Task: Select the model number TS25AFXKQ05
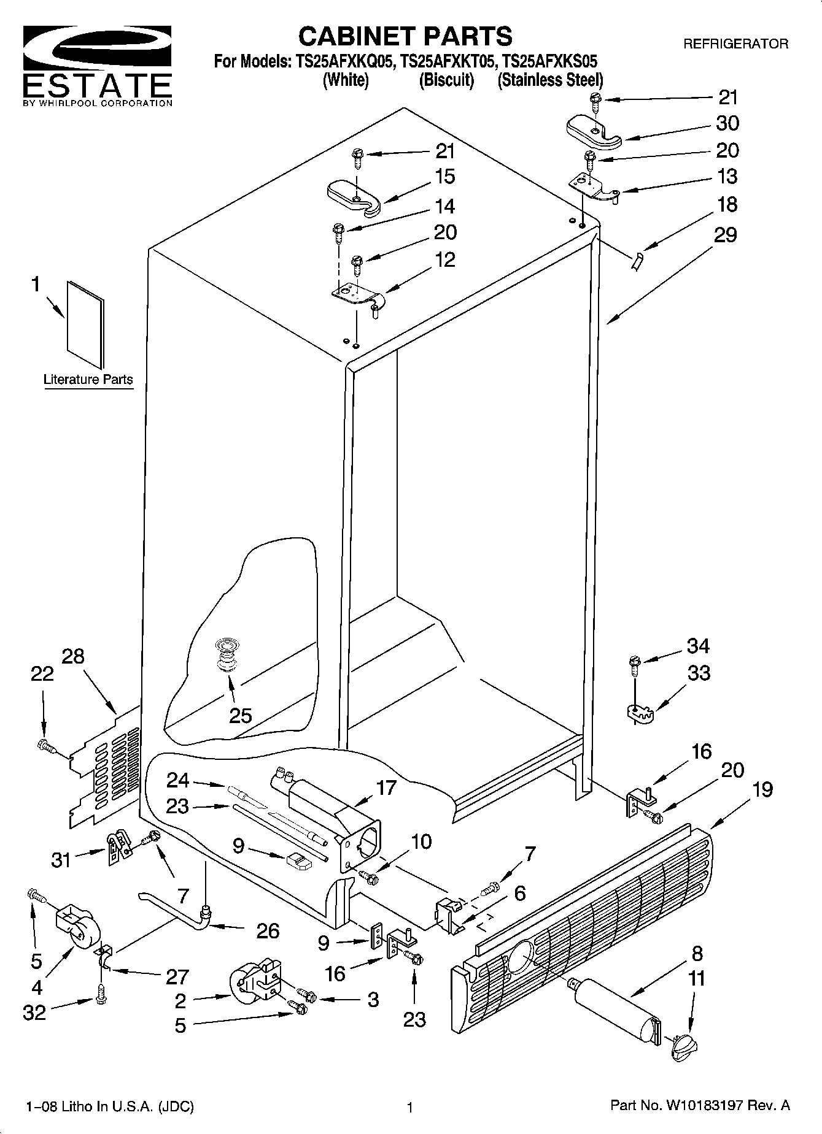click(345, 61)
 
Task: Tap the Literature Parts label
click(88, 380)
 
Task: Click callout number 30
click(727, 123)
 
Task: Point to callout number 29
click(725, 235)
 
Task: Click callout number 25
click(240, 715)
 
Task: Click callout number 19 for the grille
click(762, 789)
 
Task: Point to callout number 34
click(698, 646)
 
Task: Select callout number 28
click(73, 656)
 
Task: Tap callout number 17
click(386, 787)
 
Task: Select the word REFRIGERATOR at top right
click(735, 44)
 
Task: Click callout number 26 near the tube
click(268, 931)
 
